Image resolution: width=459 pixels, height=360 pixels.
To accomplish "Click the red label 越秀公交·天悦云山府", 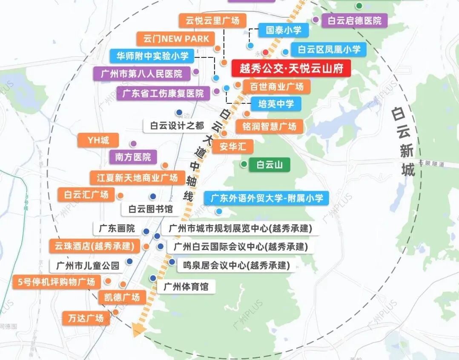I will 291,68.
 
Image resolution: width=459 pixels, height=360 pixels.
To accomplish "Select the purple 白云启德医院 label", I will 355,20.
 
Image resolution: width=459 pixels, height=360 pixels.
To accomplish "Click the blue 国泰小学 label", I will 283,30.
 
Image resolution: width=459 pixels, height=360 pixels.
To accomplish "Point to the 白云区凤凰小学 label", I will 329,49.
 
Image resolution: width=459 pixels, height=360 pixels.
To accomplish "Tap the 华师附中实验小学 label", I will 152,55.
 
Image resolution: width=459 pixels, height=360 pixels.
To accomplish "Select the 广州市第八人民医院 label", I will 141,74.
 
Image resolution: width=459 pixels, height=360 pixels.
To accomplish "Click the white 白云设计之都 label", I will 177,126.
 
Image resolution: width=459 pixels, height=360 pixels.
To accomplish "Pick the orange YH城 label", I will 98,140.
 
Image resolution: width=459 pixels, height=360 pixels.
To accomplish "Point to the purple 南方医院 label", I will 133,157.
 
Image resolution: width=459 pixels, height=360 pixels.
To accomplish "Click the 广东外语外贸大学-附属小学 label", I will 267,198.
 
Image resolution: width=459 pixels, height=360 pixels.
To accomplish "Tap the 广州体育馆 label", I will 186,286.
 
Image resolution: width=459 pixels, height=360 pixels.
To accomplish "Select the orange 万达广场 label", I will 86,318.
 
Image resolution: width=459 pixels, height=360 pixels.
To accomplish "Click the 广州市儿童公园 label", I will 88,266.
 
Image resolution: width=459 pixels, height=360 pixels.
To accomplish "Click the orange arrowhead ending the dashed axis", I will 138,330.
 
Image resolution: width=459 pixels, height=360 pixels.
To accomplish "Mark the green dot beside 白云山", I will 244,164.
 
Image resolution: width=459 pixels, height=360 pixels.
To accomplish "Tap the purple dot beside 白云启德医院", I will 316,20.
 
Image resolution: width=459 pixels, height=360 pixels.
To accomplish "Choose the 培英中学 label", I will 275,103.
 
